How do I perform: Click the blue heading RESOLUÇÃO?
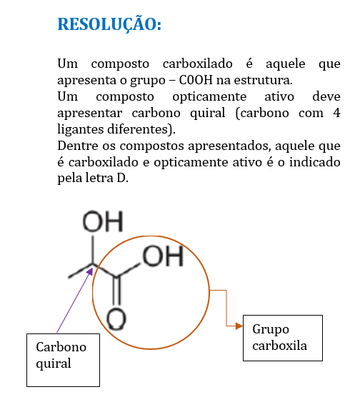pos(109,24)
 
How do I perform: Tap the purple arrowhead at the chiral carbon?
pos(90,271)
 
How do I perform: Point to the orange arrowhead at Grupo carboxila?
pos(239,326)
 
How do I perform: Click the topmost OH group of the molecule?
pos(103,221)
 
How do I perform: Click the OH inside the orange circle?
pos(163,256)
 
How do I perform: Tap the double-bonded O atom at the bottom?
pos(116,319)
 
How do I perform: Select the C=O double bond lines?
pos(116,291)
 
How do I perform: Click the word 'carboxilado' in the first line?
pos(198,64)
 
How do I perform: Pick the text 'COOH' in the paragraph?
pos(196,80)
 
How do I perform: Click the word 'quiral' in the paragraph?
pos(207,114)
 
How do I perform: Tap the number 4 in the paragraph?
pos(336,113)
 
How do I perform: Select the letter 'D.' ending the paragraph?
pos(122,179)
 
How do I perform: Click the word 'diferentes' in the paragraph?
pos(138,129)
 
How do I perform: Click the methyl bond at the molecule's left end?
pos(81,271)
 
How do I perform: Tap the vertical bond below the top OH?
pos(93,250)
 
